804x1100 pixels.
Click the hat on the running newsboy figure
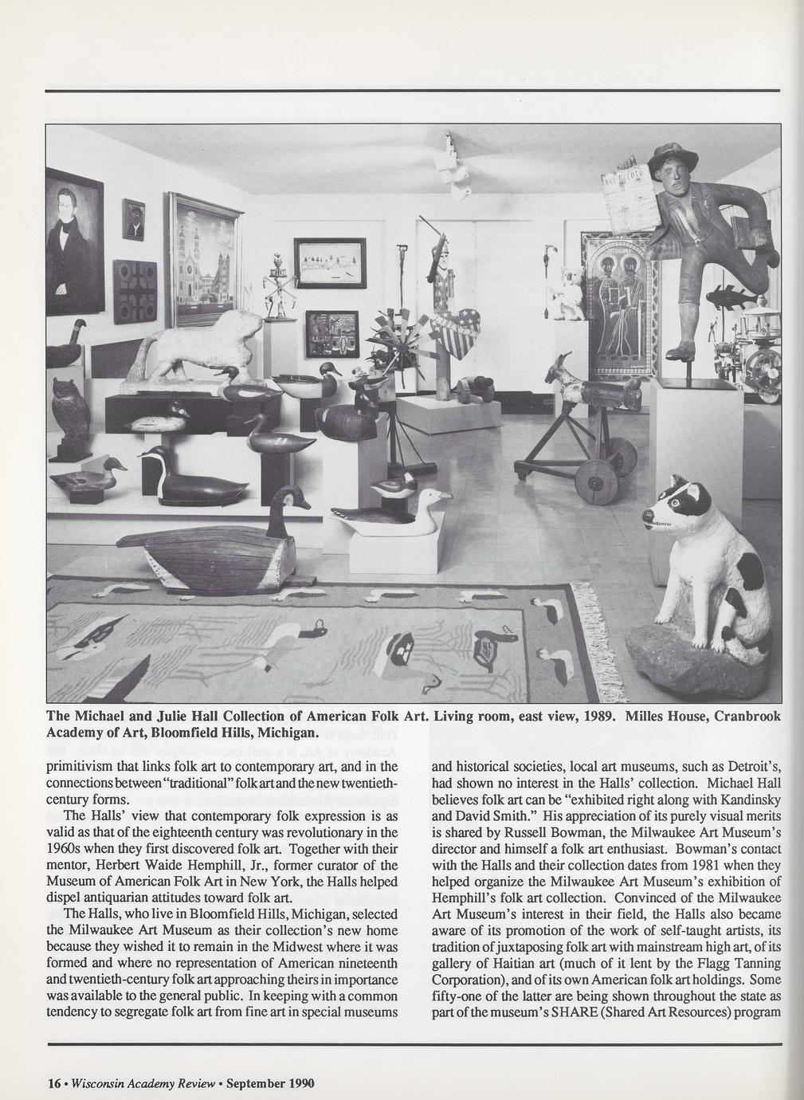(x=672, y=158)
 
